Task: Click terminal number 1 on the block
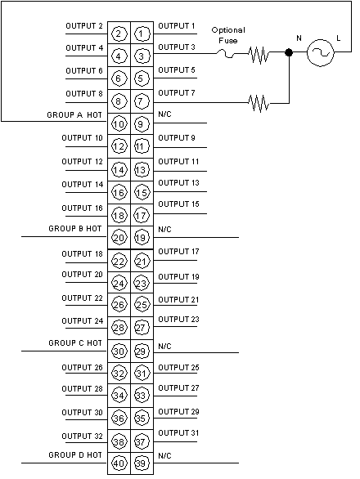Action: coord(142,34)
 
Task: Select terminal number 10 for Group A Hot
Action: coord(119,124)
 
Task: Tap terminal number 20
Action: coord(119,238)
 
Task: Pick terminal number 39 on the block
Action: coord(141,463)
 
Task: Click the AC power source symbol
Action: coord(320,52)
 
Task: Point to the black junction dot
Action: coord(289,52)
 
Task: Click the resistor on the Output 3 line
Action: coord(259,55)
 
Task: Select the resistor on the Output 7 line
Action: coord(259,103)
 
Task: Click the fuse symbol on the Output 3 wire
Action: coord(227,55)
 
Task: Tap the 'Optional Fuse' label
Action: coord(228,35)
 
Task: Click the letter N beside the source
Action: coord(299,38)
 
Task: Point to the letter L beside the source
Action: coord(338,38)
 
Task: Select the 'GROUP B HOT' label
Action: coord(75,229)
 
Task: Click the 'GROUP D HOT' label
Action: coord(75,454)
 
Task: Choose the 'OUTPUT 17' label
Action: coord(178,252)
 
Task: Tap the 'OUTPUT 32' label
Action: coord(82,436)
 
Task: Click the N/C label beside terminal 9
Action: coord(164,114)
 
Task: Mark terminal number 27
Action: coord(141,328)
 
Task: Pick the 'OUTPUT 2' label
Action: coord(84,26)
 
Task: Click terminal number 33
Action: coord(141,396)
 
